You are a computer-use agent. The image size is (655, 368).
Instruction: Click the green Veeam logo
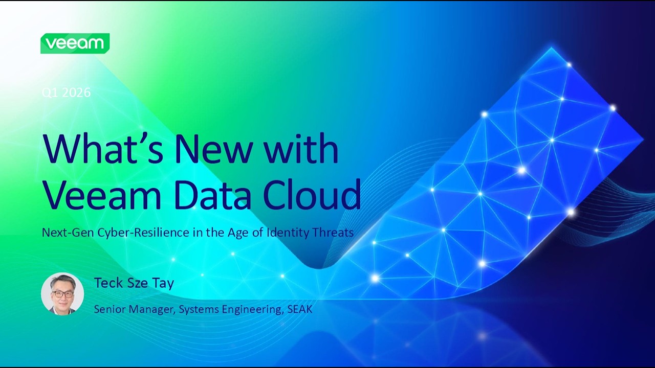[x=75, y=43]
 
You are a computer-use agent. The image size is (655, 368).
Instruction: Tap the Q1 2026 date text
[x=66, y=93]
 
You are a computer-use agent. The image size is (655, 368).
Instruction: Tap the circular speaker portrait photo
[x=62, y=294]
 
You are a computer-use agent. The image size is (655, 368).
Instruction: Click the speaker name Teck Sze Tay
[x=134, y=283]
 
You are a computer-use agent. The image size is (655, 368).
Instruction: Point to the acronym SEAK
[x=299, y=309]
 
